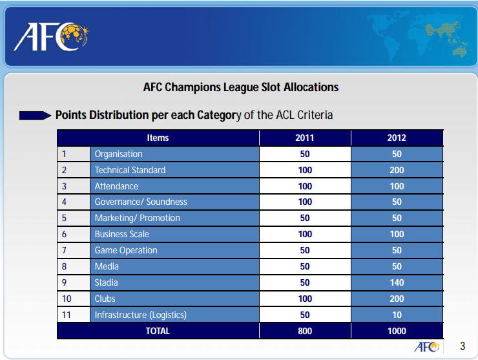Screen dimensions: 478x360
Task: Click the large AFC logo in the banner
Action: pyautogui.click(x=52, y=37)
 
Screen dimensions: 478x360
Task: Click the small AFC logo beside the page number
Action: pyautogui.click(x=426, y=347)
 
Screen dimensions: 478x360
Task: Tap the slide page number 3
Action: pyautogui.click(x=462, y=346)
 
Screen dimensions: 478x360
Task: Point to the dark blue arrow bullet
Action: pyautogui.click(x=35, y=116)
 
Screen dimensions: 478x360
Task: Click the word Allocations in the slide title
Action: pyautogui.click(x=311, y=87)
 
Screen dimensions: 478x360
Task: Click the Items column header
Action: pyautogui.click(x=158, y=138)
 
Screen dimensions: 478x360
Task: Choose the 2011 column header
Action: pyautogui.click(x=304, y=138)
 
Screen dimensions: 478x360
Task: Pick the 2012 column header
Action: pyautogui.click(x=397, y=138)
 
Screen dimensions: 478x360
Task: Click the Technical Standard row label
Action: pyautogui.click(x=130, y=170)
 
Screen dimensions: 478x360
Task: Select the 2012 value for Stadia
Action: pyautogui.click(x=397, y=283)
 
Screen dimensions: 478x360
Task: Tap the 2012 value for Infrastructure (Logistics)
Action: pyautogui.click(x=397, y=315)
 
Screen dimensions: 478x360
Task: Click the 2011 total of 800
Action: pyautogui.click(x=305, y=332)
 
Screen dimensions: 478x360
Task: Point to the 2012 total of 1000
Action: pyautogui.click(x=397, y=332)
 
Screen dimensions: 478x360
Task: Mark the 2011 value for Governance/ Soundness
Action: pyautogui.click(x=305, y=202)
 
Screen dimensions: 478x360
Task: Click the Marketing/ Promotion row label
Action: pyautogui.click(x=138, y=218)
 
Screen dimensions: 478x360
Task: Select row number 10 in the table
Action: pyautogui.click(x=67, y=299)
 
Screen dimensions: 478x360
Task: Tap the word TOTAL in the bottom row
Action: pyautogui.click(x=158, y=332)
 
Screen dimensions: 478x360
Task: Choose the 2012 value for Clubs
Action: pyautogui.click(x=397, y=299)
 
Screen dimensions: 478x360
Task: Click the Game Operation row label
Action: pyautogui.click(x=126, y=251)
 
